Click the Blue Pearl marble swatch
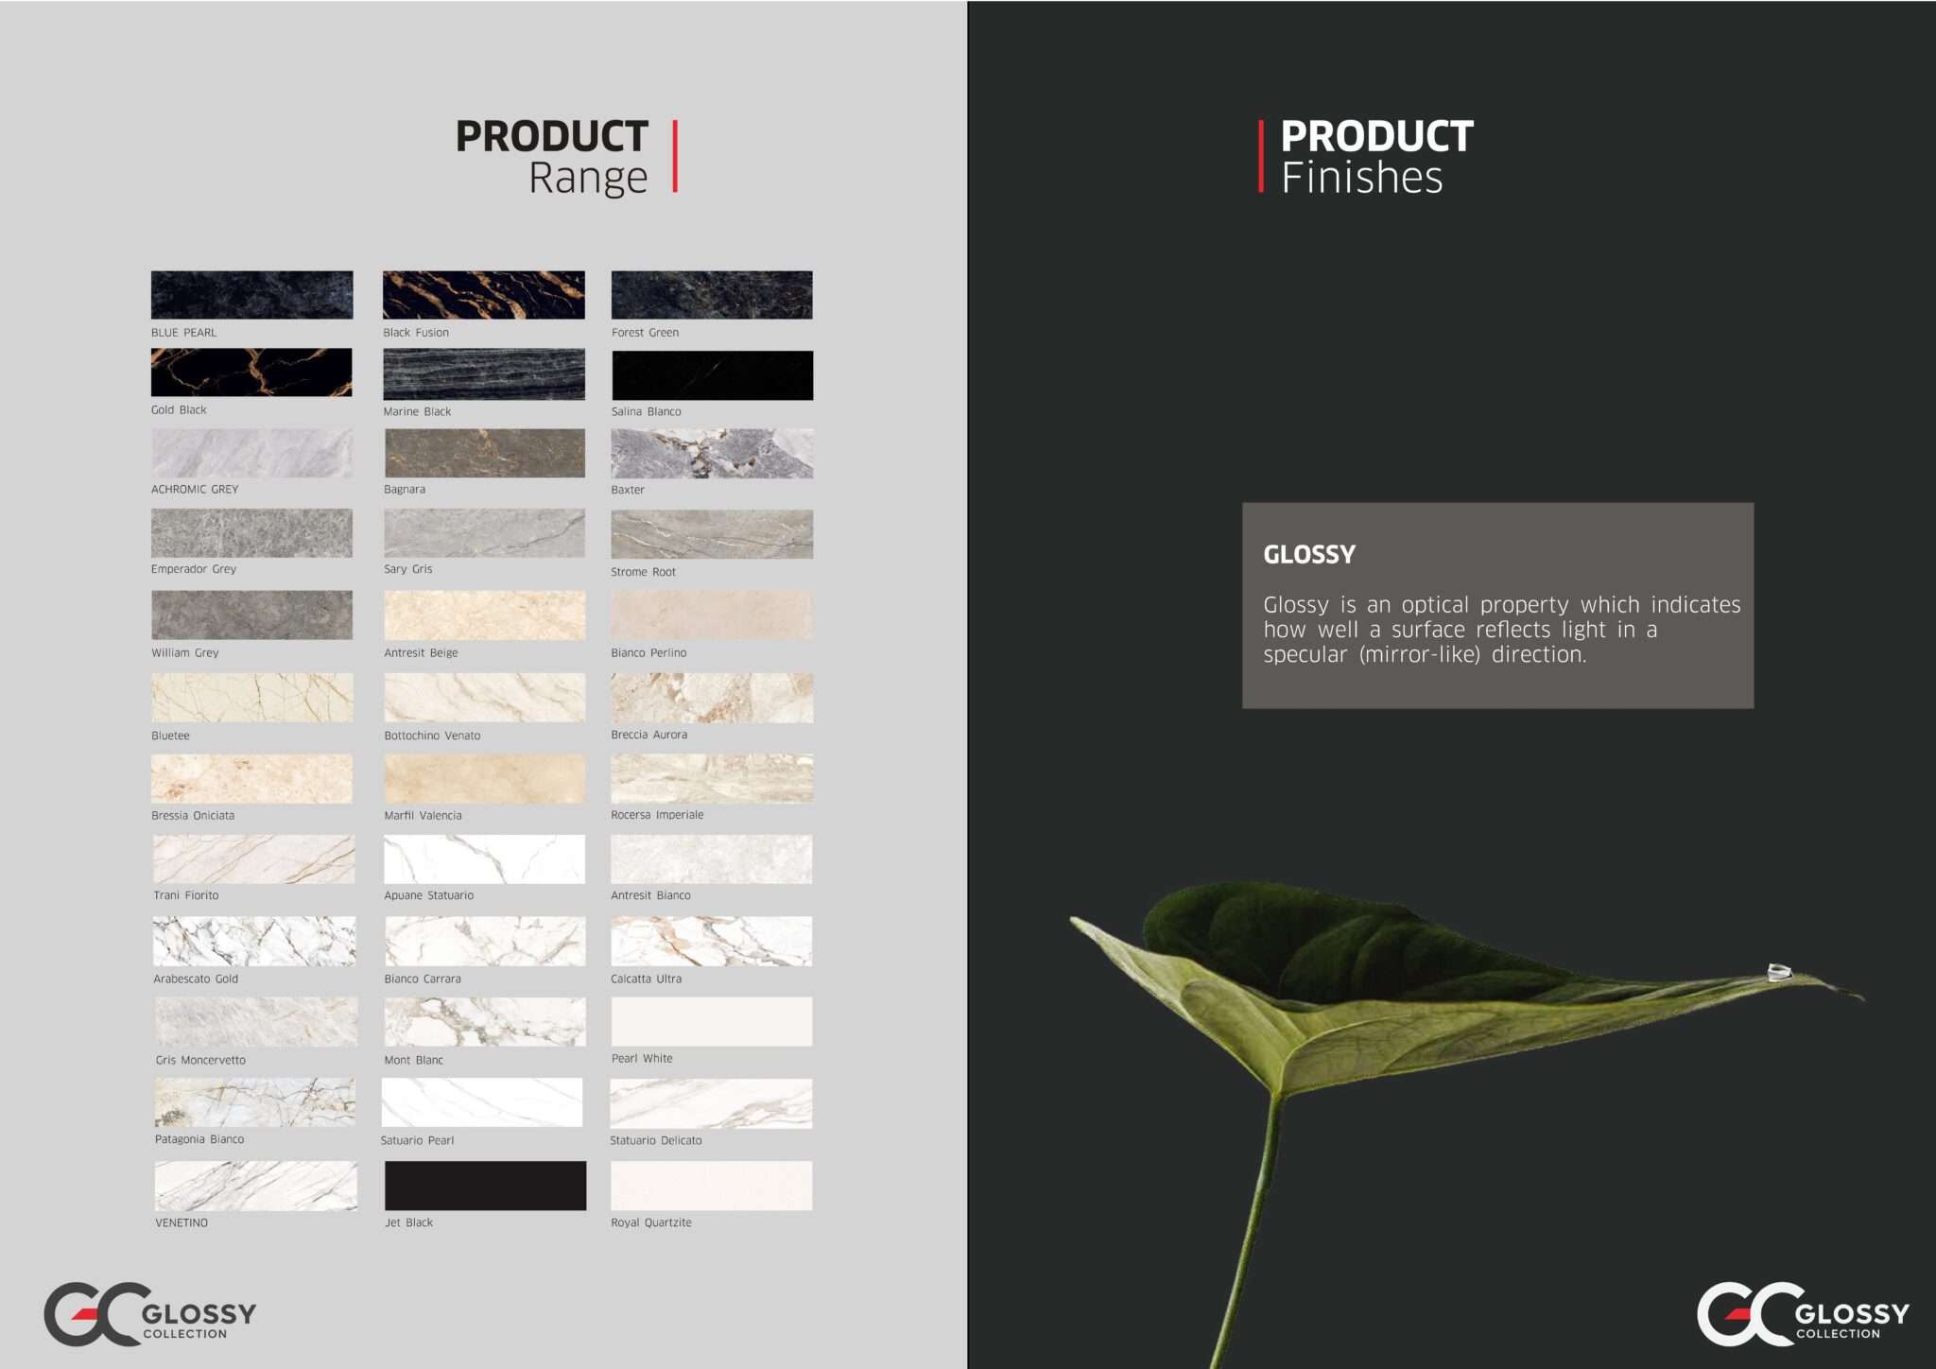251,295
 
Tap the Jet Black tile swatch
485,1186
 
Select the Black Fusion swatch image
484,295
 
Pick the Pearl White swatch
712,1021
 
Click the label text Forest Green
645,333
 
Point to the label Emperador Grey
194,569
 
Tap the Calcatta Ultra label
646,979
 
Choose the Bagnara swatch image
485,453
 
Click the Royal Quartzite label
651,1222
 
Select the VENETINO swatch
256,1186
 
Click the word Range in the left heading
588,178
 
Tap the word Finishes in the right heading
1362,178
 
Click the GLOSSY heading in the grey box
1309,554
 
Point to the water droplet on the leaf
1779,971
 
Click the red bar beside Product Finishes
1261,156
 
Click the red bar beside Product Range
675,156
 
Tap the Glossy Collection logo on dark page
1803,1313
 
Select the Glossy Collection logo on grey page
150,1313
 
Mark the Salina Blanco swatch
712,375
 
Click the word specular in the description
1305,655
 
